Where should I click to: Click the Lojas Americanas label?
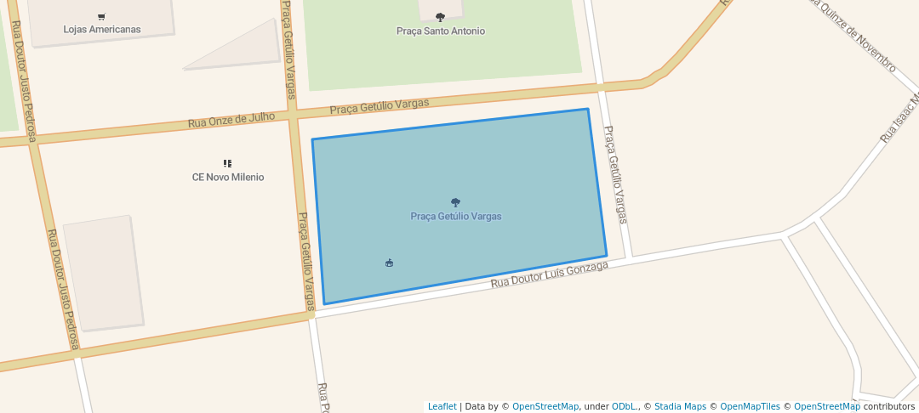[x=102, y=29]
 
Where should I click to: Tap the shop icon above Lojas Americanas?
[x=102, y=16]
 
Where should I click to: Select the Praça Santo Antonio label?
[x=441, y=31]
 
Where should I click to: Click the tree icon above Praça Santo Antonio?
[x=440, y=17]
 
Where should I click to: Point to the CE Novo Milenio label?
[x=228, y=178]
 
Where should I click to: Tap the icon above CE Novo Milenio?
[x=227, y=163]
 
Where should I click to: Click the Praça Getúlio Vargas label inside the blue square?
[x=456, y=217]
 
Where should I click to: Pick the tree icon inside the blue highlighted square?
[x=456, y=202]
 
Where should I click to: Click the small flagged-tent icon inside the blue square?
[x=390, y=263]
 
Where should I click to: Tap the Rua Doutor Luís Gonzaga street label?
[x=550, y=274]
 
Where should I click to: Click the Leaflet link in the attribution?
[x=442, y=406]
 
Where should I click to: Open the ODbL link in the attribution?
[x=625, y=406]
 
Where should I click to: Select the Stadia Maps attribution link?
[x=680, y=406]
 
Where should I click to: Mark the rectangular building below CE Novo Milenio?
[x=103, y=272]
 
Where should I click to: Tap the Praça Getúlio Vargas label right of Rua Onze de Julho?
[x=380, y=106]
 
